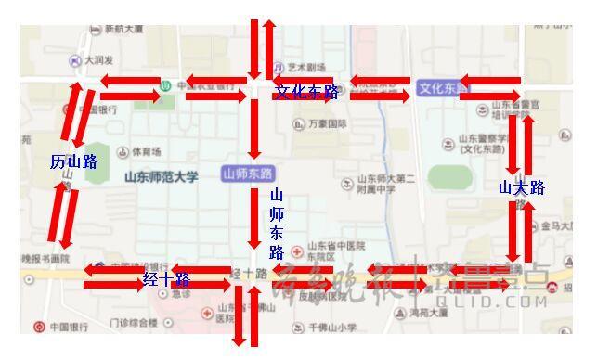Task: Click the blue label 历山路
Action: click(x=74, y=162)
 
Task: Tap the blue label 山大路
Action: click(x=521, y=188)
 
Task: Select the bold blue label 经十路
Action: click(x=166, y=279)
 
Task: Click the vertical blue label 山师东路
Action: click(x=277, y=224)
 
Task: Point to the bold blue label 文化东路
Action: click(x=306, y=92)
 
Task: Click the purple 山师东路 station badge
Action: click(x=248, y=174)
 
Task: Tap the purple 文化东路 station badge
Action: click(x=444, y=88)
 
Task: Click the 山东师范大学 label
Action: click(x=162, y=176)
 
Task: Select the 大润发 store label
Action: click(x=98, y=60)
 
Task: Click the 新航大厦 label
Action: click(x=123, y=29)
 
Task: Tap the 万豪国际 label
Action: click(x=327, y=123)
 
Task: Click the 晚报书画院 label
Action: click(x=46, y=258)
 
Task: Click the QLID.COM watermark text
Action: click(x=507, y=302)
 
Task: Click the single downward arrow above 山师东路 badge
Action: click(x=253, y=129)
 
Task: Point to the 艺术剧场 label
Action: click(x=306, y=67)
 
